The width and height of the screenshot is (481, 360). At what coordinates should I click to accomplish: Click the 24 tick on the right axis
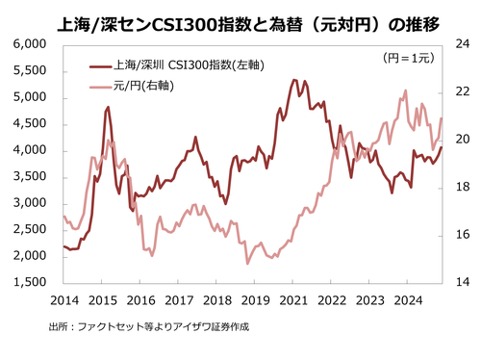(x=461, y=44)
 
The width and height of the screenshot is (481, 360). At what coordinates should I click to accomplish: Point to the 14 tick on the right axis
(x=461, y=283)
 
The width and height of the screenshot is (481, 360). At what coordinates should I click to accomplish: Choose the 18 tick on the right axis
(x=461, y=188)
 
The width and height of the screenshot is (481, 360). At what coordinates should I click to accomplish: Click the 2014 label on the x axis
(x=63, y=300)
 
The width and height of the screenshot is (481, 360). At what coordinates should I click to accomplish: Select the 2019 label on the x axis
(x=254, y=300)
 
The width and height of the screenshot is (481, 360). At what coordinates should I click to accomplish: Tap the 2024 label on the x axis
(x=407, y=300)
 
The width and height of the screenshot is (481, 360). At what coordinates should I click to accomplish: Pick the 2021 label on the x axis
(x=292, y=300)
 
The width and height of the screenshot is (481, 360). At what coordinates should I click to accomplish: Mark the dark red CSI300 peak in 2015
(x=108, y=107)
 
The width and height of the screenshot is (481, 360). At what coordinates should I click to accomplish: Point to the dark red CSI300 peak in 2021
(x=292, y=80)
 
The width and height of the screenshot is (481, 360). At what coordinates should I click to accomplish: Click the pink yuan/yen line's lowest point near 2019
(x=247, y=263)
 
